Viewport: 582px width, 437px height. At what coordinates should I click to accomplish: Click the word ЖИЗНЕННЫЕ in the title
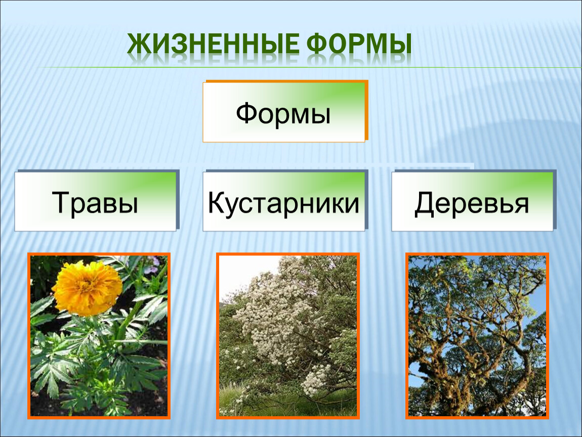pos(213,44)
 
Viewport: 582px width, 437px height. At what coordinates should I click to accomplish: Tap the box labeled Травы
pos(97,201)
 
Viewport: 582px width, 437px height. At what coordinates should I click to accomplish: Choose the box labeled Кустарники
pos(285,201)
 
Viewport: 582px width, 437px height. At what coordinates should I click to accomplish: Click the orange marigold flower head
pos(88,288)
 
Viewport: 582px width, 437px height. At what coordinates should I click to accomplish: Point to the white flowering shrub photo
pos(288,336)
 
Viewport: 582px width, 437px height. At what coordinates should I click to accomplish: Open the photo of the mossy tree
pos(477,336)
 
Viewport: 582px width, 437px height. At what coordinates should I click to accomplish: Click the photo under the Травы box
pos(99,336)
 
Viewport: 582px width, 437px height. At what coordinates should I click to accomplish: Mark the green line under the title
pos(308,67)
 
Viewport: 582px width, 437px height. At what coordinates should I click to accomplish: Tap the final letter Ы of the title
pos(401,44)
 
